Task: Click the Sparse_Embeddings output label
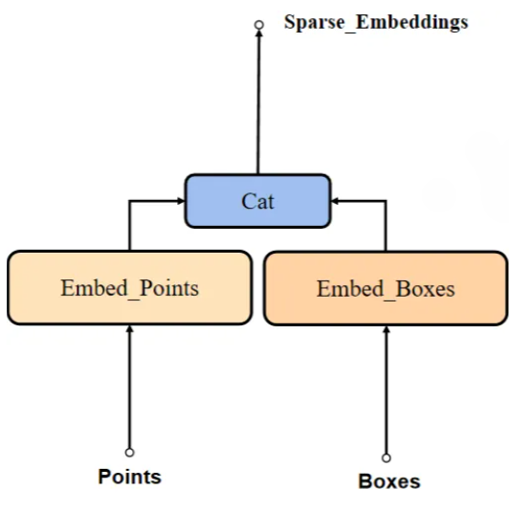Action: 375,22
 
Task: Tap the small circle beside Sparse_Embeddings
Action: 258,25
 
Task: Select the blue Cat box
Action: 257,201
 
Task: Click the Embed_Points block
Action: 129,287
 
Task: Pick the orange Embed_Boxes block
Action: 385,288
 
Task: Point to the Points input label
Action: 129,477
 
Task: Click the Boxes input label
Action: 388,481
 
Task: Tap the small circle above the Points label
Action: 129,453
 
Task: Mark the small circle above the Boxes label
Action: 387,457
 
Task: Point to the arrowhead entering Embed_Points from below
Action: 129,331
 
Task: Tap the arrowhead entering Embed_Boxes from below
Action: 387,331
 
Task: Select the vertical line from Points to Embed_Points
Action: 129,392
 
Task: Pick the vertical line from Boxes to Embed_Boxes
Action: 387,394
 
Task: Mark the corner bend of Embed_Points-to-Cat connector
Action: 129,201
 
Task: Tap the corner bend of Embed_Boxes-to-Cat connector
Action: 387,201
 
